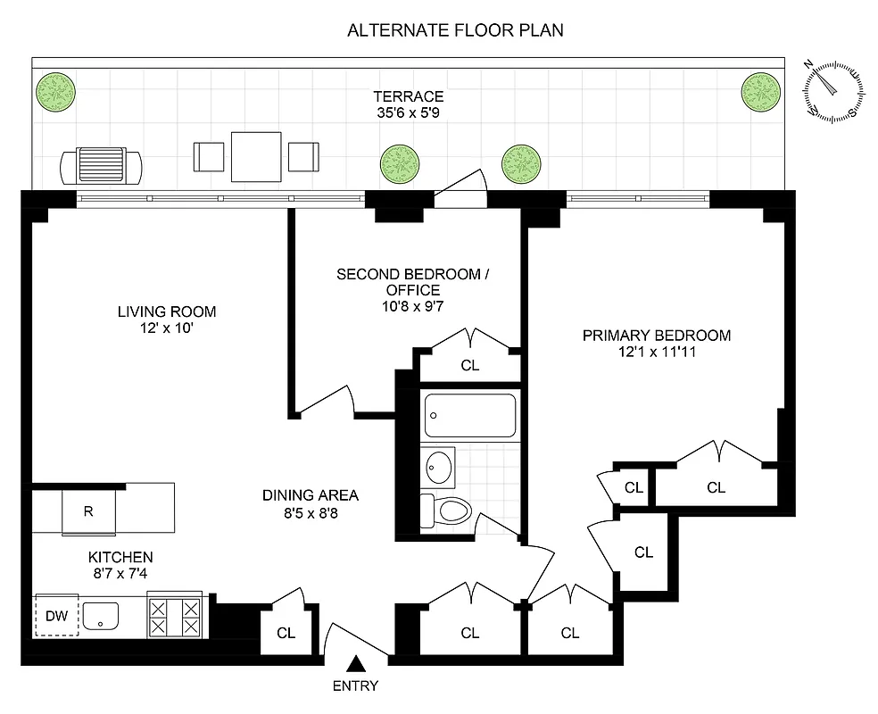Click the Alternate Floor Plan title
tap(455, 30)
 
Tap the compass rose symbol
tap(834, 90)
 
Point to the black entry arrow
tap(356, 663)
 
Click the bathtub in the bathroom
tap(469, 414)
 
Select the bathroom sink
tap(438, 466)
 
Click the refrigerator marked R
tap(87, 511)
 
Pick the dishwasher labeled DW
tap(57, 615)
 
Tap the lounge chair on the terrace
tap(101, 165)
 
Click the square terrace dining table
tap(256, 156)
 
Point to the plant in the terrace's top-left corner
tap(55, 90)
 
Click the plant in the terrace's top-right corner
tap(761, 90)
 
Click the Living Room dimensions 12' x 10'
tap(167, 328)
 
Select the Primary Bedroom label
tap(656, 336)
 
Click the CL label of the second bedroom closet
tap(470, 364)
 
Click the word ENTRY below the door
tap(355, 685)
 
